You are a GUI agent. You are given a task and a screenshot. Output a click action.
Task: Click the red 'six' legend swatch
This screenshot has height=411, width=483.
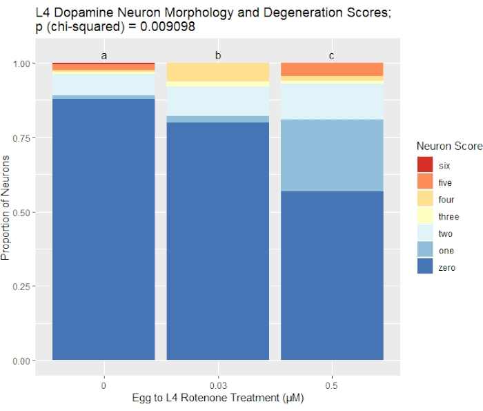pos(425,164)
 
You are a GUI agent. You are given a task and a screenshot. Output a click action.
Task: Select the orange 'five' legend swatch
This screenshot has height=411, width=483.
pos(425,182)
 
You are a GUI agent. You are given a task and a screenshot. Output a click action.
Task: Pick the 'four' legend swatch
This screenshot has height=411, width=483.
pos(425,199)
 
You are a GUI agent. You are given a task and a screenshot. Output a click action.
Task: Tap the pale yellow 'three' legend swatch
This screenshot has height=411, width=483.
pos(425,216)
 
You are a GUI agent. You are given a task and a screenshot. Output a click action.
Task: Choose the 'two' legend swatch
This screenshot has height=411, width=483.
pos(425,233)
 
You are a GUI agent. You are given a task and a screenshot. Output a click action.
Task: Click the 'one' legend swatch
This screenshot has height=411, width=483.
pos(425,251)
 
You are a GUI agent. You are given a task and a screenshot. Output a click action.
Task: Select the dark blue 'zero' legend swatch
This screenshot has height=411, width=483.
pos(425,267)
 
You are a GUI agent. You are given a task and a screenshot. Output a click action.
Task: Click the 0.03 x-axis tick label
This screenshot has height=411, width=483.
pos(217,385)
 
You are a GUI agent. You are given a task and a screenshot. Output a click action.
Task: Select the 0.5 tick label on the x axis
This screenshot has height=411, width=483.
pos(332,385)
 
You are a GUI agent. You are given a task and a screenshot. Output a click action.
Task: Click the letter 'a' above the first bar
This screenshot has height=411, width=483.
pos(103,55)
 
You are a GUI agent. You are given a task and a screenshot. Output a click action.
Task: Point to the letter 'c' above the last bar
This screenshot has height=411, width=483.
pos(332,55)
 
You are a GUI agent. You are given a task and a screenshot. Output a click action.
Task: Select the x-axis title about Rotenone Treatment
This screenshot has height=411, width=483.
pos(217,399)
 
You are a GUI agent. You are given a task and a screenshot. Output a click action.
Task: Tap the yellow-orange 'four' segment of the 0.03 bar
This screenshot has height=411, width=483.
pos(217,72)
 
